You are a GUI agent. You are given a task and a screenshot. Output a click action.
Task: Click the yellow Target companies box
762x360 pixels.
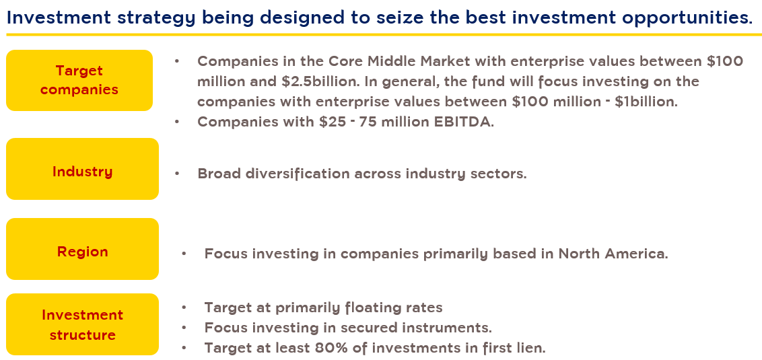click(79, 80)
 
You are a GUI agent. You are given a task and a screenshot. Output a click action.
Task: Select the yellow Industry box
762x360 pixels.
click(82, 169)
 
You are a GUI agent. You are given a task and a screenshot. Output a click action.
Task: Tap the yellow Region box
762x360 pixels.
click(82, 249)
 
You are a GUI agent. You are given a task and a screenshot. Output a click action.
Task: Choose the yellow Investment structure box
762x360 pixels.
click(82, 324)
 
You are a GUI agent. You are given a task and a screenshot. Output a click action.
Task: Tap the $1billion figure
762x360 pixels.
click(646, 102)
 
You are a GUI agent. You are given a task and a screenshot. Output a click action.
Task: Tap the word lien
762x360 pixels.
click(532, 349)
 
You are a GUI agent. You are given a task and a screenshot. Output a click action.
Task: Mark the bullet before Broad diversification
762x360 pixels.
click(178, 174)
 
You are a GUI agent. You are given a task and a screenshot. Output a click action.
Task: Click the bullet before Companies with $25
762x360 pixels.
click(178, 122)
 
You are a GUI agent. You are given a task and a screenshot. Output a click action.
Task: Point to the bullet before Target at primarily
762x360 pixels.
click(184, 308)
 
